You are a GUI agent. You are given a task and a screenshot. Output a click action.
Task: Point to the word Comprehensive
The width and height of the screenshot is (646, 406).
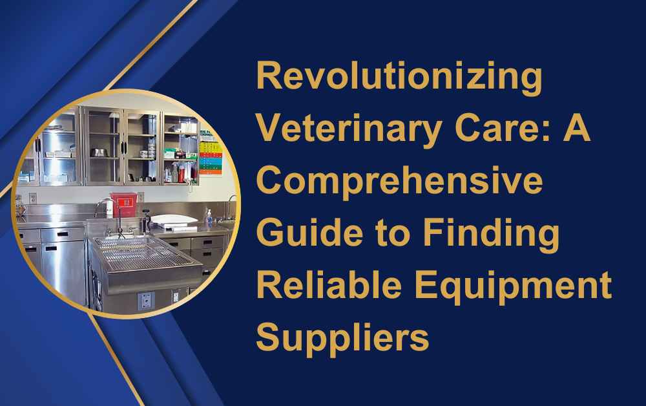click(399, 182)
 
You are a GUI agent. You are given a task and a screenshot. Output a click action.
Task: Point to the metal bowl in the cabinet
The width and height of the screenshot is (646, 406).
click(99, 152)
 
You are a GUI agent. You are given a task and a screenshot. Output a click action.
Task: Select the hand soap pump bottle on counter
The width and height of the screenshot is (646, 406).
click(209, 219)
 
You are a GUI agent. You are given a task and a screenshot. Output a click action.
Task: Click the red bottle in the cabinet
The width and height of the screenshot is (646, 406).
click(181, 173)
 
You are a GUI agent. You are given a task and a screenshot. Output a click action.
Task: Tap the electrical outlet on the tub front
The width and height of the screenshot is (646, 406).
click(145, 301)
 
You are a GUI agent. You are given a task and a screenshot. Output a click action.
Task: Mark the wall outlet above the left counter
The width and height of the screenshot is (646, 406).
click(33, 198)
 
